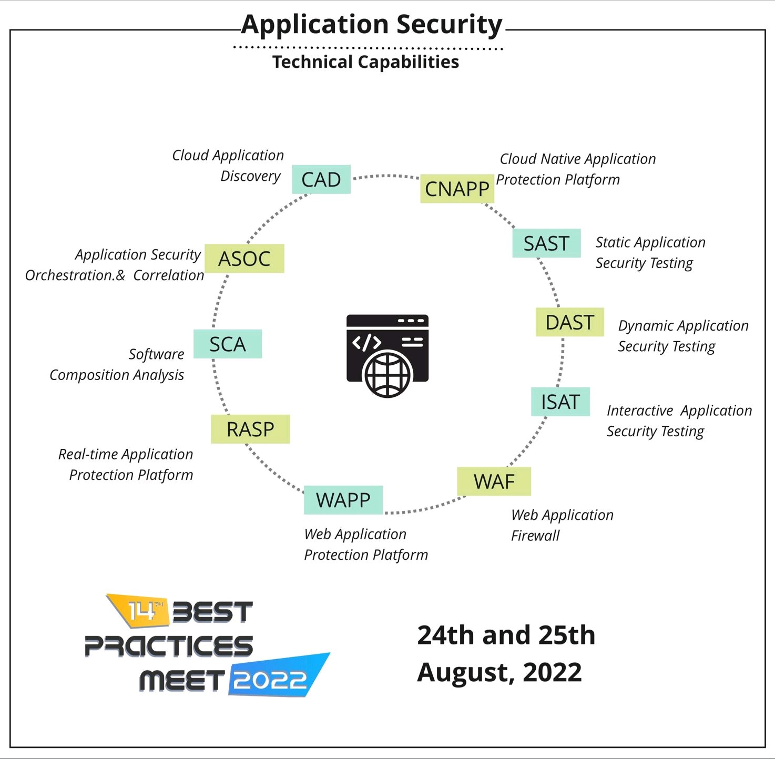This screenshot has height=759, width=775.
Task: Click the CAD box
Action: (x=321, y=179)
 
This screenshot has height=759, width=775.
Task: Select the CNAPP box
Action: (x=457, y=189)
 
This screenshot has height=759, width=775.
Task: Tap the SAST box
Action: (x=546, y=243)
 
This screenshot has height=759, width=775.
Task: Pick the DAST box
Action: (x=569, y=322)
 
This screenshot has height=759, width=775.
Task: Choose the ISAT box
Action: (x=560, y=402)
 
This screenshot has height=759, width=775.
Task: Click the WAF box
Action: (x=494, y=481)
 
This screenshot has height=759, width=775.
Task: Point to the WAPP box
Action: (x=343, y=500)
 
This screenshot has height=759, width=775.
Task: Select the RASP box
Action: (x=250, y=429)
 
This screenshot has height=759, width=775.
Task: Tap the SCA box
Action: (x=228, y=344)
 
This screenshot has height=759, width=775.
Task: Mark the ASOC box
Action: (x=244, y=259)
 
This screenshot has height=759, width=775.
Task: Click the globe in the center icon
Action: (x=387, y=374)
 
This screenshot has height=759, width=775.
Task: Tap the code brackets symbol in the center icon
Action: (x=366, y=342)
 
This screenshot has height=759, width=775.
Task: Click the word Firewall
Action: (x=535, y=536)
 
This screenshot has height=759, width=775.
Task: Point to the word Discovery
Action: (x=250, y=176)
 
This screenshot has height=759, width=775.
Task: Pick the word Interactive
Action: (x=640, y=411)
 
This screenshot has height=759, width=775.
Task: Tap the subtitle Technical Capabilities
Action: (x=365, y=62)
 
